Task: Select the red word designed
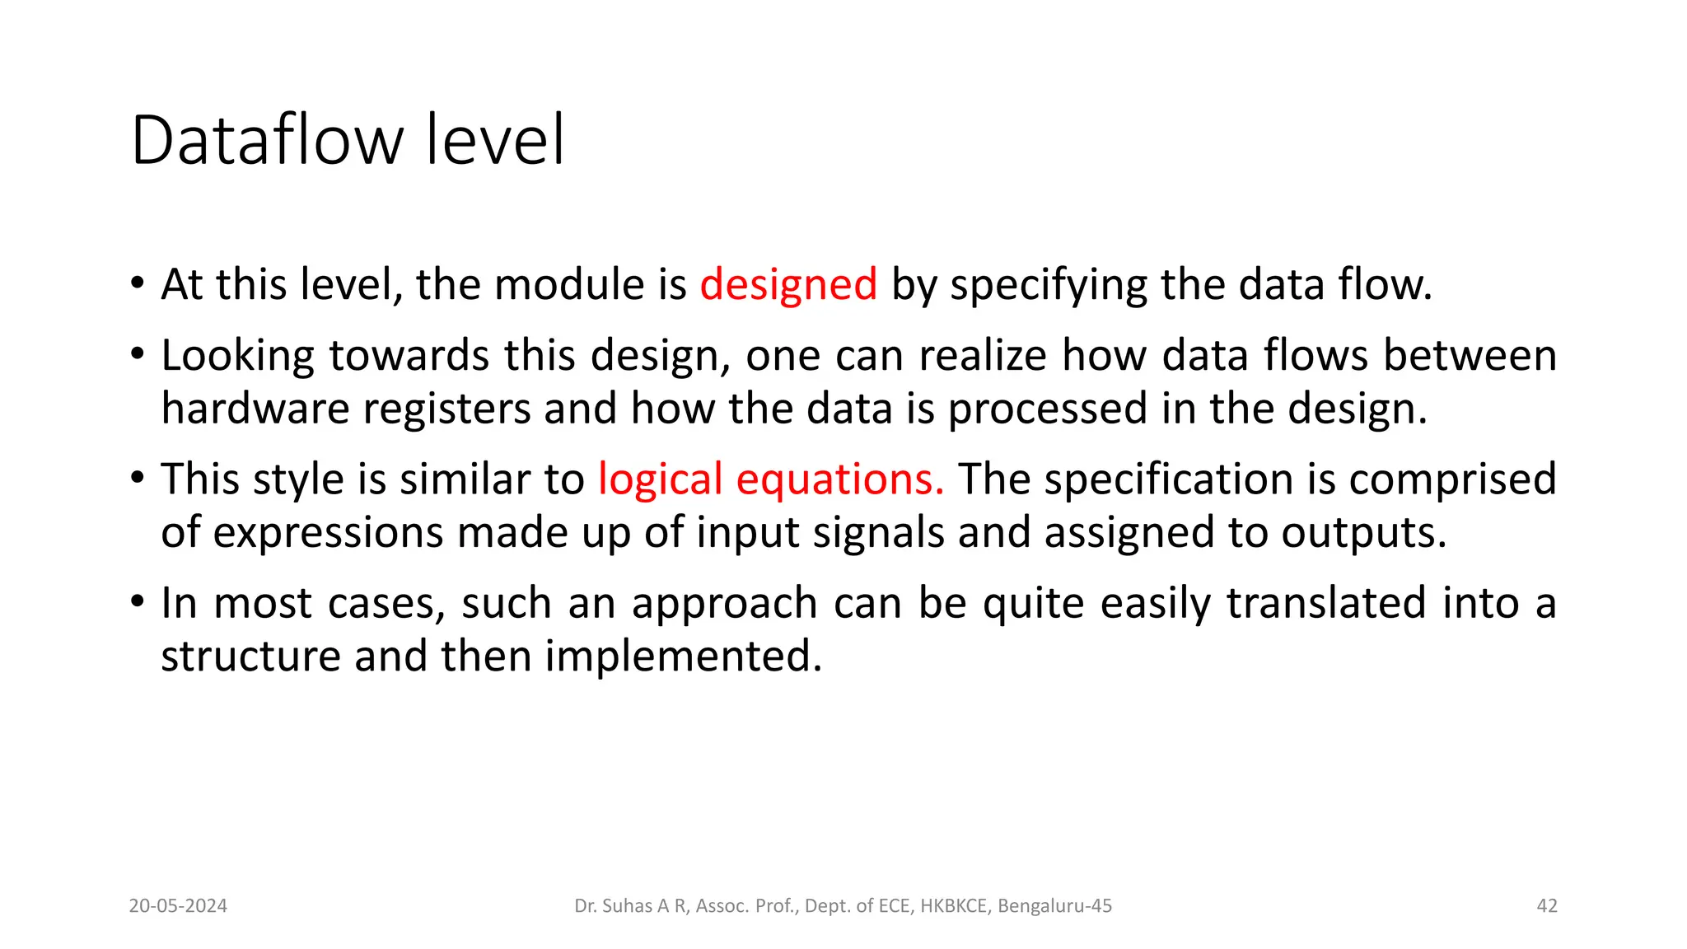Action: pos(788,285)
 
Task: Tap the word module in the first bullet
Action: pos(570,285)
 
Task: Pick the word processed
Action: pos(1048,409)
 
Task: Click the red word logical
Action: pos(660,479)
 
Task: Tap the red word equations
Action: pos(839,479)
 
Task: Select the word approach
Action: pos(724,604)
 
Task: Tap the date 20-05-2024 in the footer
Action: pos(178,906)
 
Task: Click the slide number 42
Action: pos(1547,906)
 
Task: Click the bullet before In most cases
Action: pos(138,601)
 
